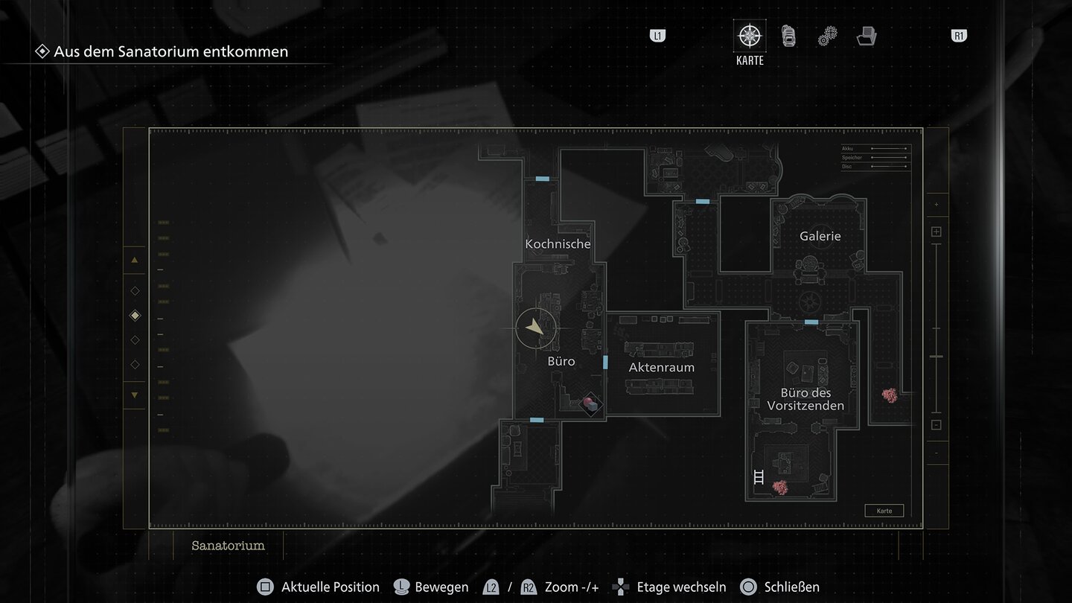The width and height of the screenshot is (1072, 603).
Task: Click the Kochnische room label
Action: pyautogui.click(x=558, y=244)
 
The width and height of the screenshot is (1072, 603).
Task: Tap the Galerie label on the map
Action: pyautogui.click(x=820, y=236)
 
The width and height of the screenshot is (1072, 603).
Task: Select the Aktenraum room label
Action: pyautogui.click(x=661, y=367)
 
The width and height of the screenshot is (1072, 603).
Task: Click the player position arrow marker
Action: pyautogui.click(x=535, y=328)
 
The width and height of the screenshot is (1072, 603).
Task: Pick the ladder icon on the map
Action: pyautogui.click(x=759, y=476)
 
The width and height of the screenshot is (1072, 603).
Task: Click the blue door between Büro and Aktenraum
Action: pyautogui.click(x=605, y=363)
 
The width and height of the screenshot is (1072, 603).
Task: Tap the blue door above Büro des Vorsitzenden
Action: pyautogui.click(x=811, y=322)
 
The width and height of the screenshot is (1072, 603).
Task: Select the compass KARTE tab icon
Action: pyautogui.click(x=749, y=36)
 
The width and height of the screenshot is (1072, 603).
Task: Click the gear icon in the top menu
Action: pyautogui.click(x=827, y=36)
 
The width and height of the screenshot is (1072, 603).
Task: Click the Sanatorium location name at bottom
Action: pyautogui.click(x=228, y=546)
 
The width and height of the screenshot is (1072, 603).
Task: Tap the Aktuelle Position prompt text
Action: pyautogui.click(x=330, y=587)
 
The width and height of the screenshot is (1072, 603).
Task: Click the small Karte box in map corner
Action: pyautogui.click(x=884, y=511)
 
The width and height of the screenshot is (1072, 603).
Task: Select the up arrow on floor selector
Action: pyautogui.click(x=135, y=260)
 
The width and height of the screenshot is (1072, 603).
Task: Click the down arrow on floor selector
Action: pyautogui.click(x=135, y=395)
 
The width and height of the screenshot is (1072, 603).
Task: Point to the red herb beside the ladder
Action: pyautogui.click(x=780, y=488)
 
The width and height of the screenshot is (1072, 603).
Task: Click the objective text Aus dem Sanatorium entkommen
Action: pyautogui.click(x=170, y=51)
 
